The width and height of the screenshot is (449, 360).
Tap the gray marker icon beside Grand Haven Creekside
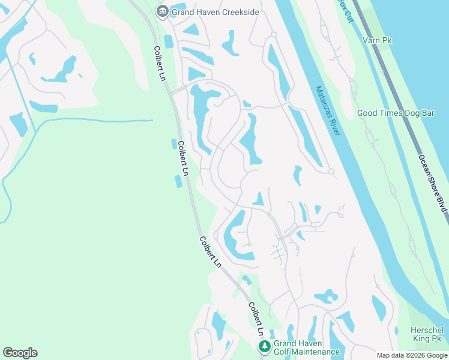point(161,11)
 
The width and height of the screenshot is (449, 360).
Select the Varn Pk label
point(377,40)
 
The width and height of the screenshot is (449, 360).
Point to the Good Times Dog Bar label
point(395,113)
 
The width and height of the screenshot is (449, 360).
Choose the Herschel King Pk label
point(427,335)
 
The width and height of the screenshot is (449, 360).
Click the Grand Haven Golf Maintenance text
point(306,348)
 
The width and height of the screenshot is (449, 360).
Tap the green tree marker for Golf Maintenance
point(264,346)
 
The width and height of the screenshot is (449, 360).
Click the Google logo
point(20,353)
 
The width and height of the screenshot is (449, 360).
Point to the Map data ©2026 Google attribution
point(412,355)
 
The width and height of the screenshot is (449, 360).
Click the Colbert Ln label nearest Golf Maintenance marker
point(256,318)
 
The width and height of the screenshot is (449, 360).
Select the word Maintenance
point(318,352)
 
